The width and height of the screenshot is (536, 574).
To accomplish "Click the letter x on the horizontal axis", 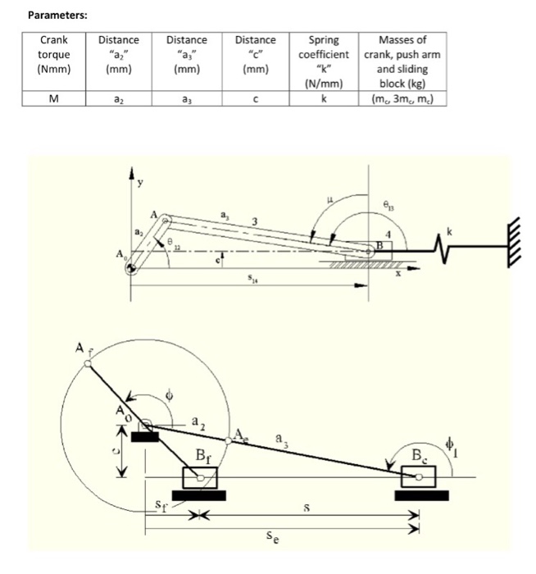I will [x=399, y=276].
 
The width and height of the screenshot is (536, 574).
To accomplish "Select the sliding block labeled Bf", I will [x=198, y=478].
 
